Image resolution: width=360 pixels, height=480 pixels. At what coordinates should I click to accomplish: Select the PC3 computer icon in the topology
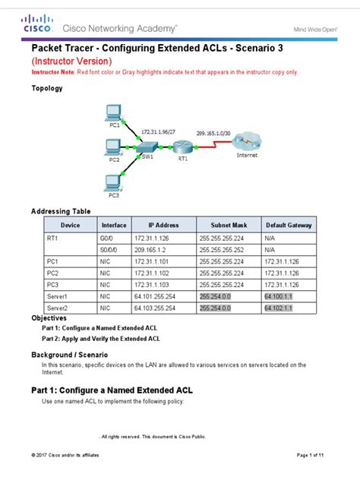tap(114, 183)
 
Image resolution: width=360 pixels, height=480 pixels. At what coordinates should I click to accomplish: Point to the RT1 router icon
tap(183, 148)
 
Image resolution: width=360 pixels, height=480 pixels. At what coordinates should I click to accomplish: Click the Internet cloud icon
tap(248, 141)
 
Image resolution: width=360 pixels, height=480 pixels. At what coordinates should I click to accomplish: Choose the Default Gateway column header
tap(289, 226)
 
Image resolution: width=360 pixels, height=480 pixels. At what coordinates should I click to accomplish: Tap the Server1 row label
tap(58, 296)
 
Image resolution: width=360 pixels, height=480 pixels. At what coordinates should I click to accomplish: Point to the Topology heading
tap(46, 88)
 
